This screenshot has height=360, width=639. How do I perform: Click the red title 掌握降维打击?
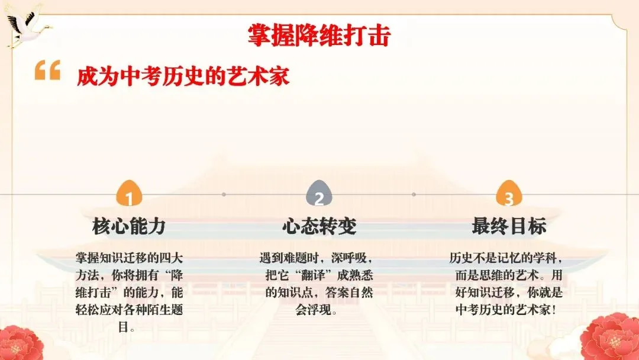click(x=319, y=36)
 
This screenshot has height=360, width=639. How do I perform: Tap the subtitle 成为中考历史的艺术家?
click(x=183, y=77)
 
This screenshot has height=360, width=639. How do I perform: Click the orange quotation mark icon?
click(x=47, y=70)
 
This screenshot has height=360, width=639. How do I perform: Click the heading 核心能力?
click(x=129, y=226)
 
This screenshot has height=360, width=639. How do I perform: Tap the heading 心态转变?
click(x=319, y=226)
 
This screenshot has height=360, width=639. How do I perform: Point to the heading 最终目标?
click(x=509, y=226)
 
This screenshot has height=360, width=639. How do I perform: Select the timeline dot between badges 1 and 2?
click(x=224, y=194)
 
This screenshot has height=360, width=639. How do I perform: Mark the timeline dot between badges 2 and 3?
click(x=414, y=194)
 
